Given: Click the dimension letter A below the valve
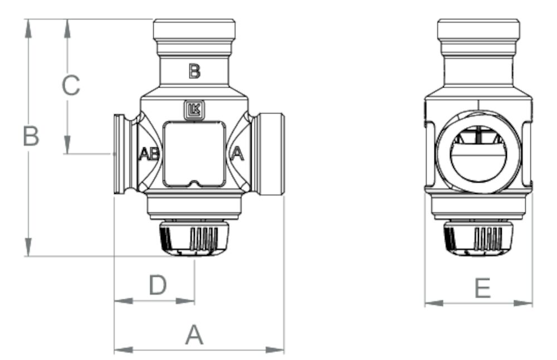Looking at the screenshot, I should point(194,335).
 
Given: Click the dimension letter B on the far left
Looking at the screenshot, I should point(31,137).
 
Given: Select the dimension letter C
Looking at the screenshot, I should point(71,86).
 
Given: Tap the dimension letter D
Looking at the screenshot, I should point(158,286).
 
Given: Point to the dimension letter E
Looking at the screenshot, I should point(482,289).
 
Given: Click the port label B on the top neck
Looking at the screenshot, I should point(194,71).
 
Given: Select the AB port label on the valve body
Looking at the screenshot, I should point(149,154).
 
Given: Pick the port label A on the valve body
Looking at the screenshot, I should point(237,153).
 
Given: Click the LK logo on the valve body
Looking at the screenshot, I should point(194,110).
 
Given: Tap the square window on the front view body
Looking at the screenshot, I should point(194,154).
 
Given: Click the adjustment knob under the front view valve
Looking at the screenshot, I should point(194,239).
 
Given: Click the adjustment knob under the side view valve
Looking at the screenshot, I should point(478,239).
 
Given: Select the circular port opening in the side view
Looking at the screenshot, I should point(478,152).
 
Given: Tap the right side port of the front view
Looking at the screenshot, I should point(270,154).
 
